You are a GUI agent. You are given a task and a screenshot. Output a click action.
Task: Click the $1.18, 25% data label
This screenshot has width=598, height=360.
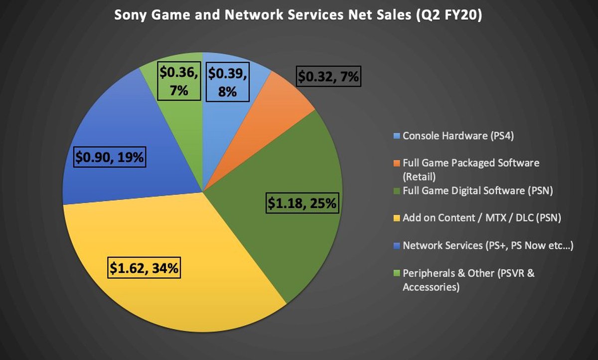pos(303,203)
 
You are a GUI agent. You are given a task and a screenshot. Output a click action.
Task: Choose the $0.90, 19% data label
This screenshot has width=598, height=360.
pos(109,158)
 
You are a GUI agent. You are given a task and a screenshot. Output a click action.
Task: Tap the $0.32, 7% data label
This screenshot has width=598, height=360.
pos(329,77)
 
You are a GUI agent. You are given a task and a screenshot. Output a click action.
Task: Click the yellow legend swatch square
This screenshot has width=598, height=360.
pos(397,218)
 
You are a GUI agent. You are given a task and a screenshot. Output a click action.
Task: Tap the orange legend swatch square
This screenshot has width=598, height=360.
pos(397,163)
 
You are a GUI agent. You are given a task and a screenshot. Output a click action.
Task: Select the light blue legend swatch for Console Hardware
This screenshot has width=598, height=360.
pos(397,136)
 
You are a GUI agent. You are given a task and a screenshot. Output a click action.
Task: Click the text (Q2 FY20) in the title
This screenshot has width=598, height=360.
pos(451,15)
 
